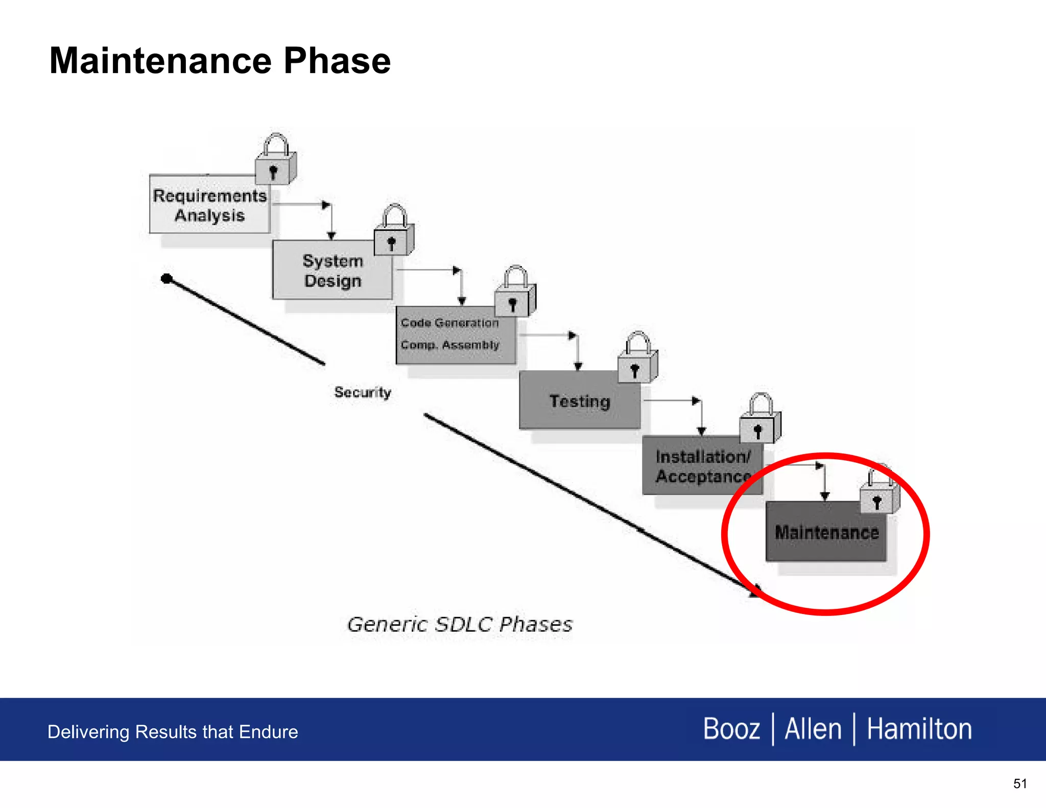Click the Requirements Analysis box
pyautogui.click(x=209, y=205)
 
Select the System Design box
pyautogui.click(x=332, y=271)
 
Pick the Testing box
pyautogui.click(x=579, y=401)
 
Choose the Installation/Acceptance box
pyautogui.click(x=702, y=466)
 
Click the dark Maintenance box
pyautogui.click(x=826, y=532)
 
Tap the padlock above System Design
pyautogui.click(x=393, y=233)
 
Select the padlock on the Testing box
pyautogui.click(x=637, y=360)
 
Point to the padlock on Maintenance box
pyautogui.click(x=879, y=493)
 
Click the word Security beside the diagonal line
pyautogui.click(x=363, y=392)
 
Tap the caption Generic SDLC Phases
pyautogui.click(x=460, y=624)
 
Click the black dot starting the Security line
pyautogui.click(x=167, y=278)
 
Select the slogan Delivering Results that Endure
pyautogui.click(x=173, y=732)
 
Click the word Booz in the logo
pyautogui.click(x=731, y=729)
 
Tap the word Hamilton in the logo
pyautogui.click(x=919, y=729)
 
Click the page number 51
pyautogui.click(x=1019, y=783)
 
